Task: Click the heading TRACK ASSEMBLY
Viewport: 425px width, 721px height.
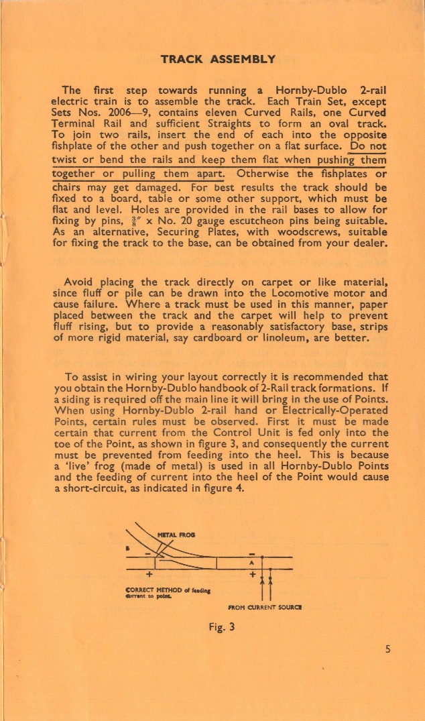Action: point(218,59)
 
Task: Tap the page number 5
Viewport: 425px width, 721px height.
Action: point(389,649)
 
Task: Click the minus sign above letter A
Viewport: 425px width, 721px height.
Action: point(252,553)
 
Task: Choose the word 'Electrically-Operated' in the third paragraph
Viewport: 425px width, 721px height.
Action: point(336,409)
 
